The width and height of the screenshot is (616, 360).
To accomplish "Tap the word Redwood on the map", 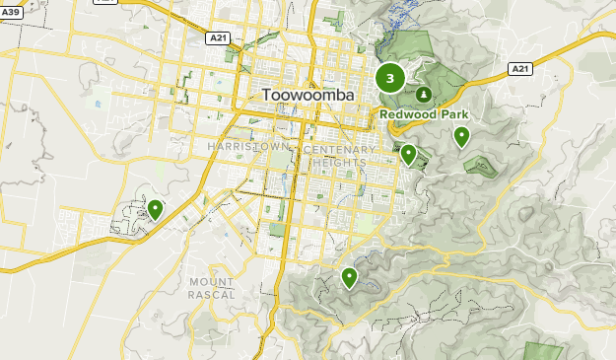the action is (x=408, y=114).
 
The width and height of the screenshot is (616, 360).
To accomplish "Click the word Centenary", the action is (x=340, y=150).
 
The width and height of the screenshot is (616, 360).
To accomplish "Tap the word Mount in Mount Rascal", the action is (x=212, y=282).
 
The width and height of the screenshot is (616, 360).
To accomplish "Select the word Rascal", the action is (x=212, y=294).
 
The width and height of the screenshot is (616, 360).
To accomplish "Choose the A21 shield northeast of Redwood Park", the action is (x=521, y=68).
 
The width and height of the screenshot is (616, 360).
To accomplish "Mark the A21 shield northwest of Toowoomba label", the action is (x=219, y=37).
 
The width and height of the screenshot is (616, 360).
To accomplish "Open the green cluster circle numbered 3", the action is (x=391, y=78).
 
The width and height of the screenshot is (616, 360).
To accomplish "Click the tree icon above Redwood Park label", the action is (x=423, y=95).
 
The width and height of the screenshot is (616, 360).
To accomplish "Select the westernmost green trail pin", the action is (x=156, y=208).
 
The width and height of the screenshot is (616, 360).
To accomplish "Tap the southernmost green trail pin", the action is (x=349, y=277).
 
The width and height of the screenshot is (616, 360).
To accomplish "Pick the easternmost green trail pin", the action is (x=461, y=136).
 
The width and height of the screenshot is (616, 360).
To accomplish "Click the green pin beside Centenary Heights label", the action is (x=408, y=153).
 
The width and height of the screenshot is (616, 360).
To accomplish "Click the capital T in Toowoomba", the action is (x=268, y=96).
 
